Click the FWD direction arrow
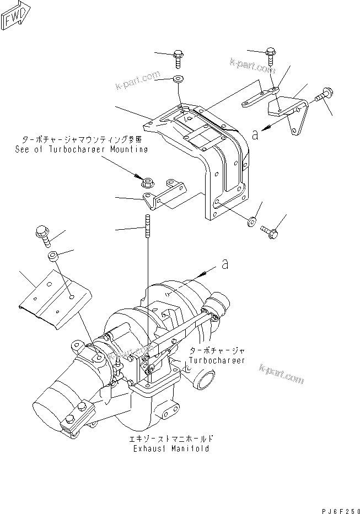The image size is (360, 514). [x=16, y=17]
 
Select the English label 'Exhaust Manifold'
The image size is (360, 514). [x=171, y=448]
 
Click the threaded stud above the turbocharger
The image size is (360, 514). [x=148, y=229]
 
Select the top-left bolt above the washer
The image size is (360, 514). [x=178, y=56]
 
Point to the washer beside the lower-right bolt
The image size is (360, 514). [x=251, y=221]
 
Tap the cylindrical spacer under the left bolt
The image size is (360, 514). [x=53, y=256]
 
